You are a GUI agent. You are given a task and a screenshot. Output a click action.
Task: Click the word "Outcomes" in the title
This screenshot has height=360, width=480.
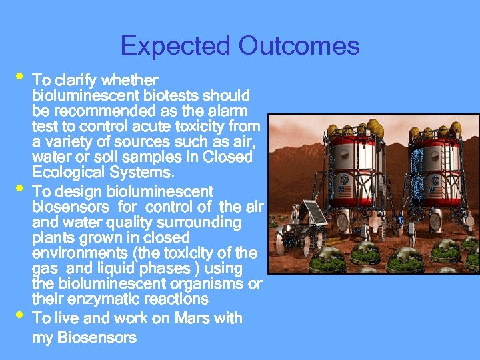(299, 46)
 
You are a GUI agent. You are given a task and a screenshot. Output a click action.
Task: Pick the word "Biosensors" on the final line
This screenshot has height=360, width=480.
(97, 337)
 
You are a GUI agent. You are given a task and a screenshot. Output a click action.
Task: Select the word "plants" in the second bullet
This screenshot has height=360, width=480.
(53, 237)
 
